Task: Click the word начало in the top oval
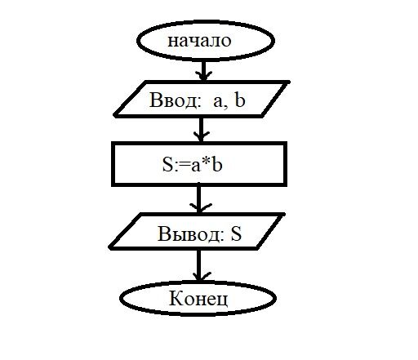199,42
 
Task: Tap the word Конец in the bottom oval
198,299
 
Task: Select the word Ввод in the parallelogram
173,100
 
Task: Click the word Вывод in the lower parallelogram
189,234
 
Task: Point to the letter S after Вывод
236,234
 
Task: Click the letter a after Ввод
218,102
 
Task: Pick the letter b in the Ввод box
240,100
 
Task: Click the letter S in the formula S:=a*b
167,164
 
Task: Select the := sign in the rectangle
182,166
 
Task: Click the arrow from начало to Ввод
203,70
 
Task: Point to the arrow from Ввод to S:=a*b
201,130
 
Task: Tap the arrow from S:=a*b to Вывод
199,198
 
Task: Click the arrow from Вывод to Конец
199,265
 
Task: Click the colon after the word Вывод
223,236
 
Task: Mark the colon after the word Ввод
200,102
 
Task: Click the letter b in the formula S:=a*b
217,164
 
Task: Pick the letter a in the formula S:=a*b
196,166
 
